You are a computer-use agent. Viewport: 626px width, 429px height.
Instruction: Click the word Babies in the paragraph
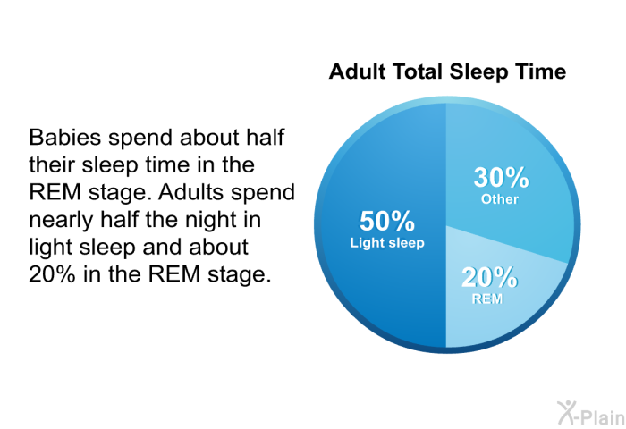(64, 138)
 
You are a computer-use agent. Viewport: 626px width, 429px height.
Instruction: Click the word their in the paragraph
(52, 164)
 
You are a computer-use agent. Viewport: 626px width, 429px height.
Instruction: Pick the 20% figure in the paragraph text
(52, 274)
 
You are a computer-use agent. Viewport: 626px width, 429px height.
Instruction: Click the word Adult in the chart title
(358, 71)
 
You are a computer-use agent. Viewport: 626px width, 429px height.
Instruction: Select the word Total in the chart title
(418, 71)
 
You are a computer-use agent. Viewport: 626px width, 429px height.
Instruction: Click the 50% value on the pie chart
(387, 221)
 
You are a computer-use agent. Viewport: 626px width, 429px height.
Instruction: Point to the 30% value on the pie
(501, 177)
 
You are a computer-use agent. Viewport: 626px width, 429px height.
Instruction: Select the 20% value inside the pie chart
(489, 277)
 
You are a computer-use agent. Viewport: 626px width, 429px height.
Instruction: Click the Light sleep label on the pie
(387, 242)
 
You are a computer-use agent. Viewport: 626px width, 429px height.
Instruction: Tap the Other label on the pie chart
(499, 198)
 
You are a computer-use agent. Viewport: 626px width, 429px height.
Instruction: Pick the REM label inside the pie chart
(487, 299)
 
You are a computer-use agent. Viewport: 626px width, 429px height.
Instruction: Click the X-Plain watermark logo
(591, 414)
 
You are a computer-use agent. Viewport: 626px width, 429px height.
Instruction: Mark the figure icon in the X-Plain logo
(566, 413)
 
